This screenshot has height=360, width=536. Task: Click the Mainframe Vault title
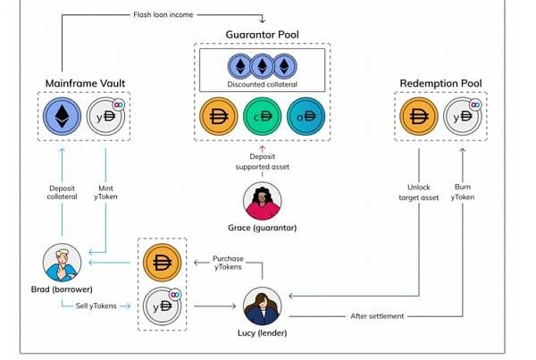[x=85, y=83]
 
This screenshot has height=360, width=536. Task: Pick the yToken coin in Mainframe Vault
[x=106, y=116]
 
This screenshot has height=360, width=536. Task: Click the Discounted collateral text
[x=263, y=85]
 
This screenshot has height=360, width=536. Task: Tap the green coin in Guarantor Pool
[x=263, y=117]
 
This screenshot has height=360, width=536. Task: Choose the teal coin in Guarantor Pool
[x=307, y=117]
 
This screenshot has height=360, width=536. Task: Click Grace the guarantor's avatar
[x=263, y=201]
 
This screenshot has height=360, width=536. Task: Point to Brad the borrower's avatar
[x=63, y=262]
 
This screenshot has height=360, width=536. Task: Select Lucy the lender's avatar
[x=263, y=307]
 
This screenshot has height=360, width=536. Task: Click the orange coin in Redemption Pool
[x=419, y=116]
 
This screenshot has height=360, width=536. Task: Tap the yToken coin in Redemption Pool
[x=462, y=116]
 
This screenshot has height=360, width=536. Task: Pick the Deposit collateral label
[x=62, y=192]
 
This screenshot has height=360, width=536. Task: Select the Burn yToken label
[x=463, y=192]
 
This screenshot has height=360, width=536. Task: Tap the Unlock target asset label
[x=418, y=192]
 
